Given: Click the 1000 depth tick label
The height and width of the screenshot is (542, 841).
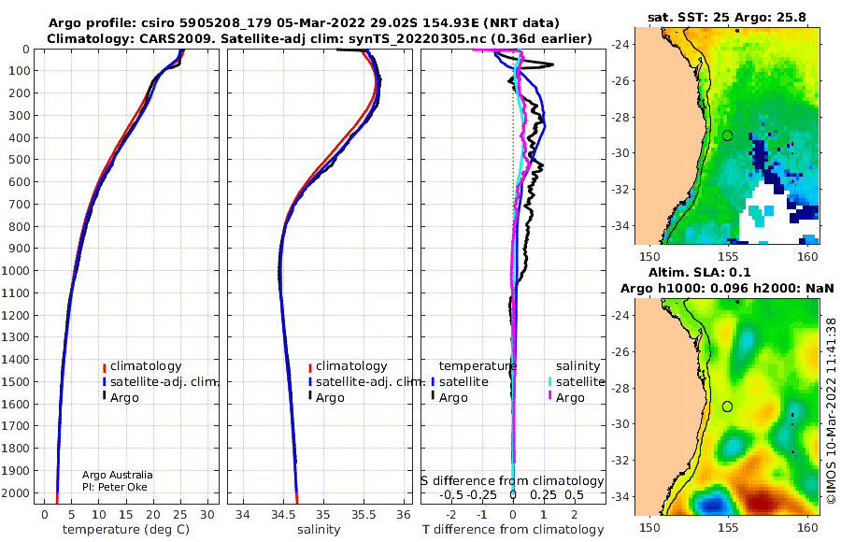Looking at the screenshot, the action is pyautogui.click(x=15, y=270).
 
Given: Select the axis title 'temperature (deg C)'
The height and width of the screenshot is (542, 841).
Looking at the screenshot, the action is pyautogui.click(x=126, y=530).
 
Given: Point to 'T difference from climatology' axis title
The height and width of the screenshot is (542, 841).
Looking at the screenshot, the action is pyautogui.click(x=513, y=530).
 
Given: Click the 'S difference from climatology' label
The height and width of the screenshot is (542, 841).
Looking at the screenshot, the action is pyautogui.click(x=512, y=480).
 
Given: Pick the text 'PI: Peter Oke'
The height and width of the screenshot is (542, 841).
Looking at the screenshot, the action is pyautogui.click(x=114, y=487).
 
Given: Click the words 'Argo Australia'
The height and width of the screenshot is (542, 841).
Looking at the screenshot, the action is pyautogui.click(x=118, y=475).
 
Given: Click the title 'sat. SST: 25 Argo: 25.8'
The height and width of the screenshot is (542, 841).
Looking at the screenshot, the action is pyautogui.click(x=727, y=17).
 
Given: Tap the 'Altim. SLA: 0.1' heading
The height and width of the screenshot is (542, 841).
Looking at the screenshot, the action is pyautogui.click(x=699, y=272).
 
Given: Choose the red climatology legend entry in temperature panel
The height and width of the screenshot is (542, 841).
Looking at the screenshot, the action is pyautogui.click(x=142, y=366).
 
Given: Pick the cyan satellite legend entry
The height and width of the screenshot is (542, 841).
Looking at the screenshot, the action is pyautogui.click(x=576, y=382).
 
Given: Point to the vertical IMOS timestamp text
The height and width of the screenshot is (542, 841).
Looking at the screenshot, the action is pyautogui.click(x=832, y=410).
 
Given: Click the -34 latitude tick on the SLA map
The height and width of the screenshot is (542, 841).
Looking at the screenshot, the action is pyautogui.click(x=620, y=496).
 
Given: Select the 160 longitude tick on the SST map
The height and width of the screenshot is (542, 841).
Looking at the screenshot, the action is pyautogui.click(x=807, y=256).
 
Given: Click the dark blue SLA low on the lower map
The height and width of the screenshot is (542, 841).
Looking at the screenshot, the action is pyautogui.click(x=711, y=504).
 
